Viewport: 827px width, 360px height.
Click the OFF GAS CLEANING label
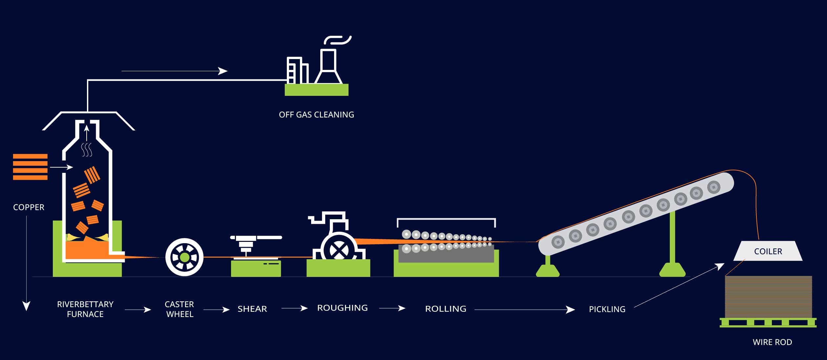(316, 115)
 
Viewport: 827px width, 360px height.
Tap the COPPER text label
(29, 207)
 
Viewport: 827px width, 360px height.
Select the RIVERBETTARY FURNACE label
(85, 309)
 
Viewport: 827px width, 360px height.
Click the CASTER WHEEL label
(180, 309)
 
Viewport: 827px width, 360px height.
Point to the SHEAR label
(252, 309)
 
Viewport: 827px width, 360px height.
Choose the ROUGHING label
(342, 308)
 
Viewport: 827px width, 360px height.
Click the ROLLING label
(445, 309)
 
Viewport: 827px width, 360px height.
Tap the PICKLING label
(607, 309)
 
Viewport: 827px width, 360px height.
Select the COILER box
(768, 251)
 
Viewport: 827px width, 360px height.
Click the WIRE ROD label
(772, 342)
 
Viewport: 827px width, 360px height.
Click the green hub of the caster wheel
(184, 257)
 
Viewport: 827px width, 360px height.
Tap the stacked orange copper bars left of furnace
(30, 167)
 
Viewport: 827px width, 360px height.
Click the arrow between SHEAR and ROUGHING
(294, 308)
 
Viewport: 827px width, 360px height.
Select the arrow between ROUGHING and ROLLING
(392, 308)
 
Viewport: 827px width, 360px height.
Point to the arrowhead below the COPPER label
(26, 306)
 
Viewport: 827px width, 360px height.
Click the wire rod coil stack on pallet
(768, 297)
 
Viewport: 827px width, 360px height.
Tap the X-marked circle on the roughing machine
(339, 250)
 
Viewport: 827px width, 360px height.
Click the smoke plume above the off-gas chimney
(337, 40)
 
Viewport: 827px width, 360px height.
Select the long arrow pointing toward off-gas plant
(174, 71)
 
